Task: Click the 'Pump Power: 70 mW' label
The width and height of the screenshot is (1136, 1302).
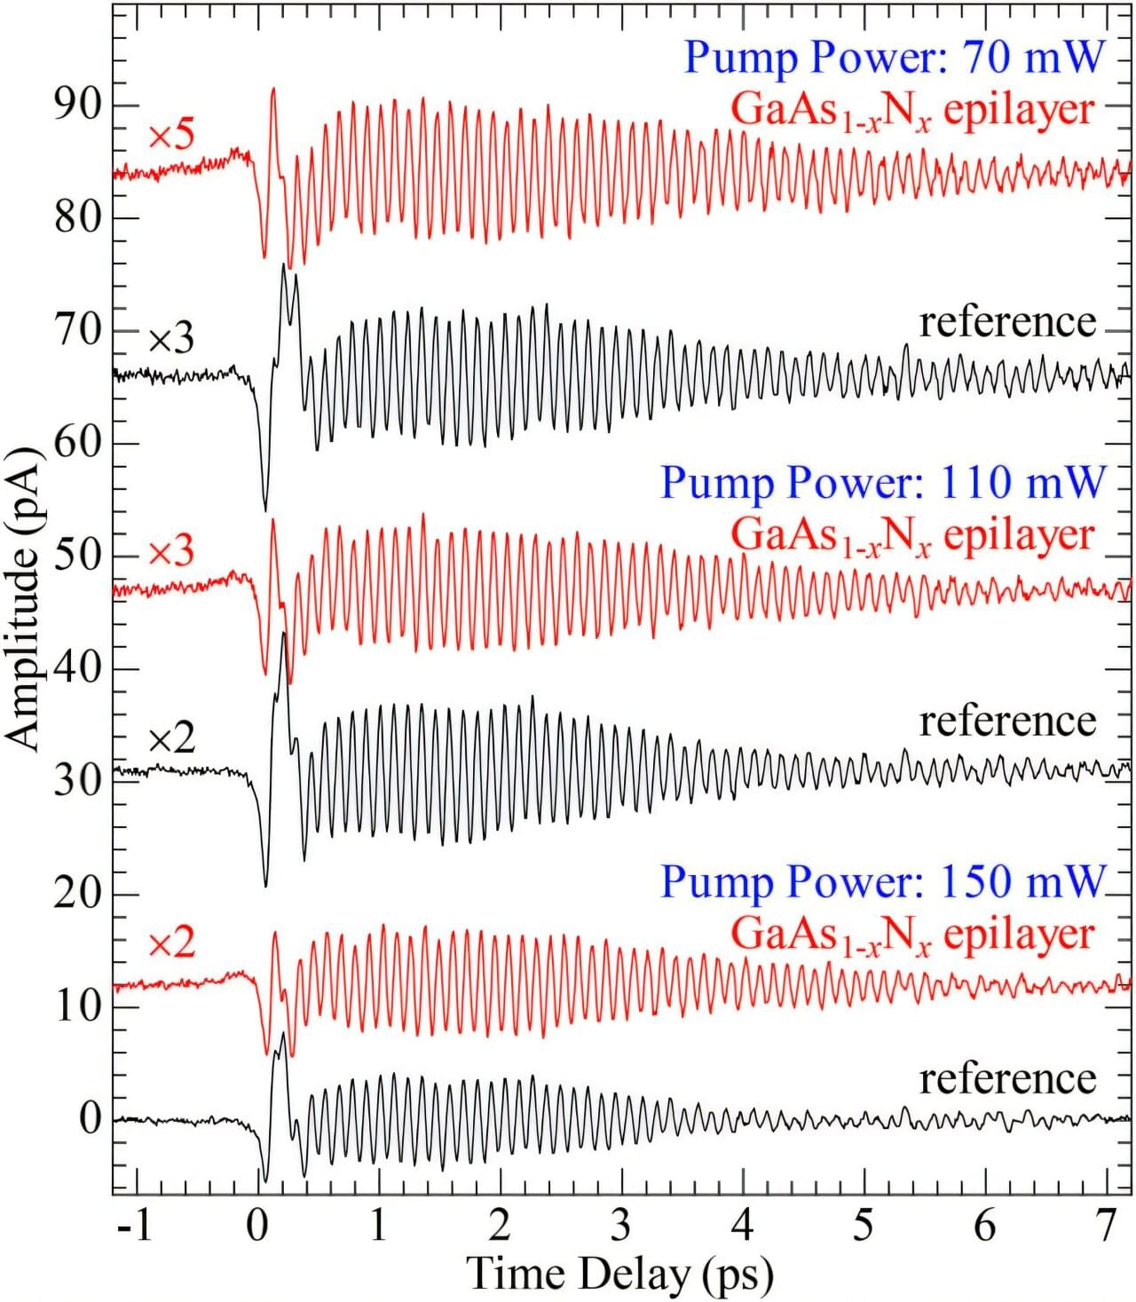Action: point(894,58)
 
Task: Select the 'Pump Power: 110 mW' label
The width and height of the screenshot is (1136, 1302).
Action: point(882,484)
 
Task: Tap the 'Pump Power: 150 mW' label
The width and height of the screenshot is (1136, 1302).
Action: point(882,882)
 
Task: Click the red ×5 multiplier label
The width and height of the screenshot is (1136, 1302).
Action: point(170,137)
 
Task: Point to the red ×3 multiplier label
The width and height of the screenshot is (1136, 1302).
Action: point(170,552)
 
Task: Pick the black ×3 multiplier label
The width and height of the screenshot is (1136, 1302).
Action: point(170,339)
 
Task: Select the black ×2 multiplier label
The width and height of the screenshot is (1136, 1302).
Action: point(170,739)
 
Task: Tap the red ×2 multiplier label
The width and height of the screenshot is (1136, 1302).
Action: point(170,943)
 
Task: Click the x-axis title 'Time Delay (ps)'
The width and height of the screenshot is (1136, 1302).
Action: point(619,1274)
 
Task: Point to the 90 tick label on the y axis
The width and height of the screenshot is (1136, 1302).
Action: point(78,105)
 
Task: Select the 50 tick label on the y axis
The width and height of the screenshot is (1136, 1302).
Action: point(78,556)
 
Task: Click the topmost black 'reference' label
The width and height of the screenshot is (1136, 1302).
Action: point(1007,322)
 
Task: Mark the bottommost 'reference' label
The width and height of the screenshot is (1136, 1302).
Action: point(1007,1079)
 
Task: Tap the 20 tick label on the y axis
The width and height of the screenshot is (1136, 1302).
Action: point(78,893)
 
